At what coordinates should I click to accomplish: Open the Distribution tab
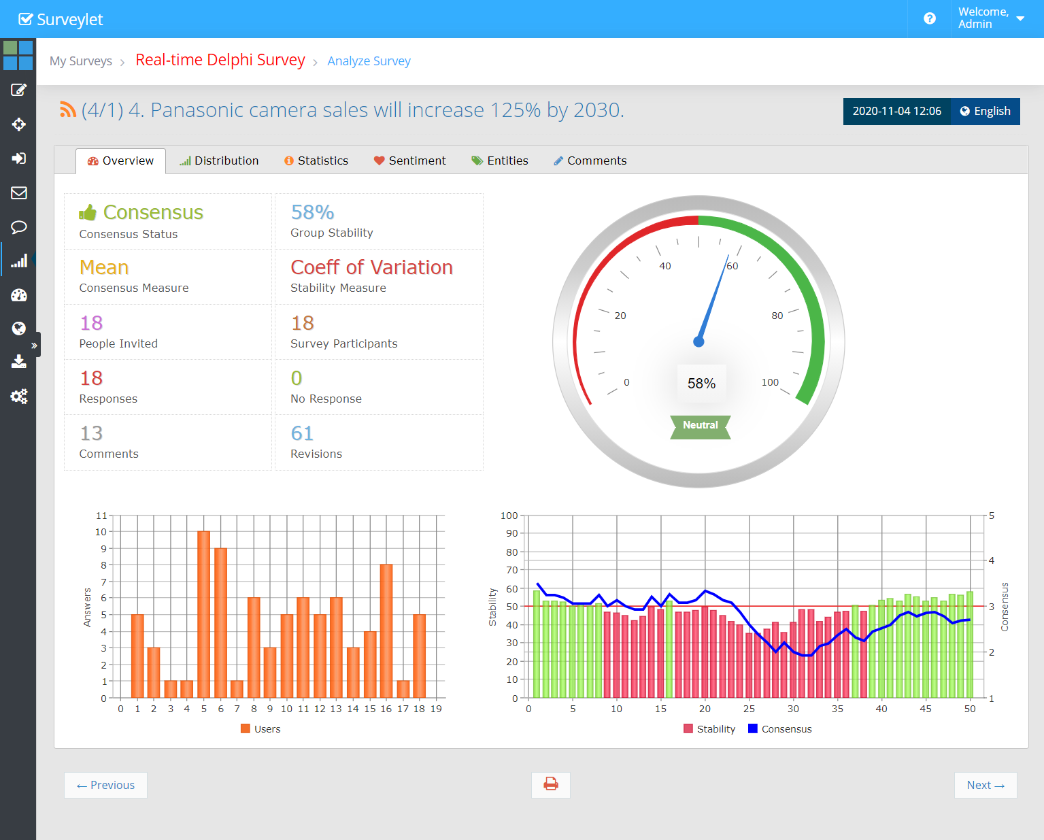219,161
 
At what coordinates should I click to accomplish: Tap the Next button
986,785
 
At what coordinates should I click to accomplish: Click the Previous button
105,785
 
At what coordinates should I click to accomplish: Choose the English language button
986,112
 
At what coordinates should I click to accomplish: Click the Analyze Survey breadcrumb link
369,61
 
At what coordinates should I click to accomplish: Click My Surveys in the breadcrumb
81,61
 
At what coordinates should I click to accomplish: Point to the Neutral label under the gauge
700,426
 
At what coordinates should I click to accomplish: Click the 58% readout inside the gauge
701,384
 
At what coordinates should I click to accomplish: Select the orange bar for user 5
204,614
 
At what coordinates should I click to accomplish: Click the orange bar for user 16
386,631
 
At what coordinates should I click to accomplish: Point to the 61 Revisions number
302,433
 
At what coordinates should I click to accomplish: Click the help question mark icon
930,19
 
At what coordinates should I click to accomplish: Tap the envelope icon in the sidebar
18,193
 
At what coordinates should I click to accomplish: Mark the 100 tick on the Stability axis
509,516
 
